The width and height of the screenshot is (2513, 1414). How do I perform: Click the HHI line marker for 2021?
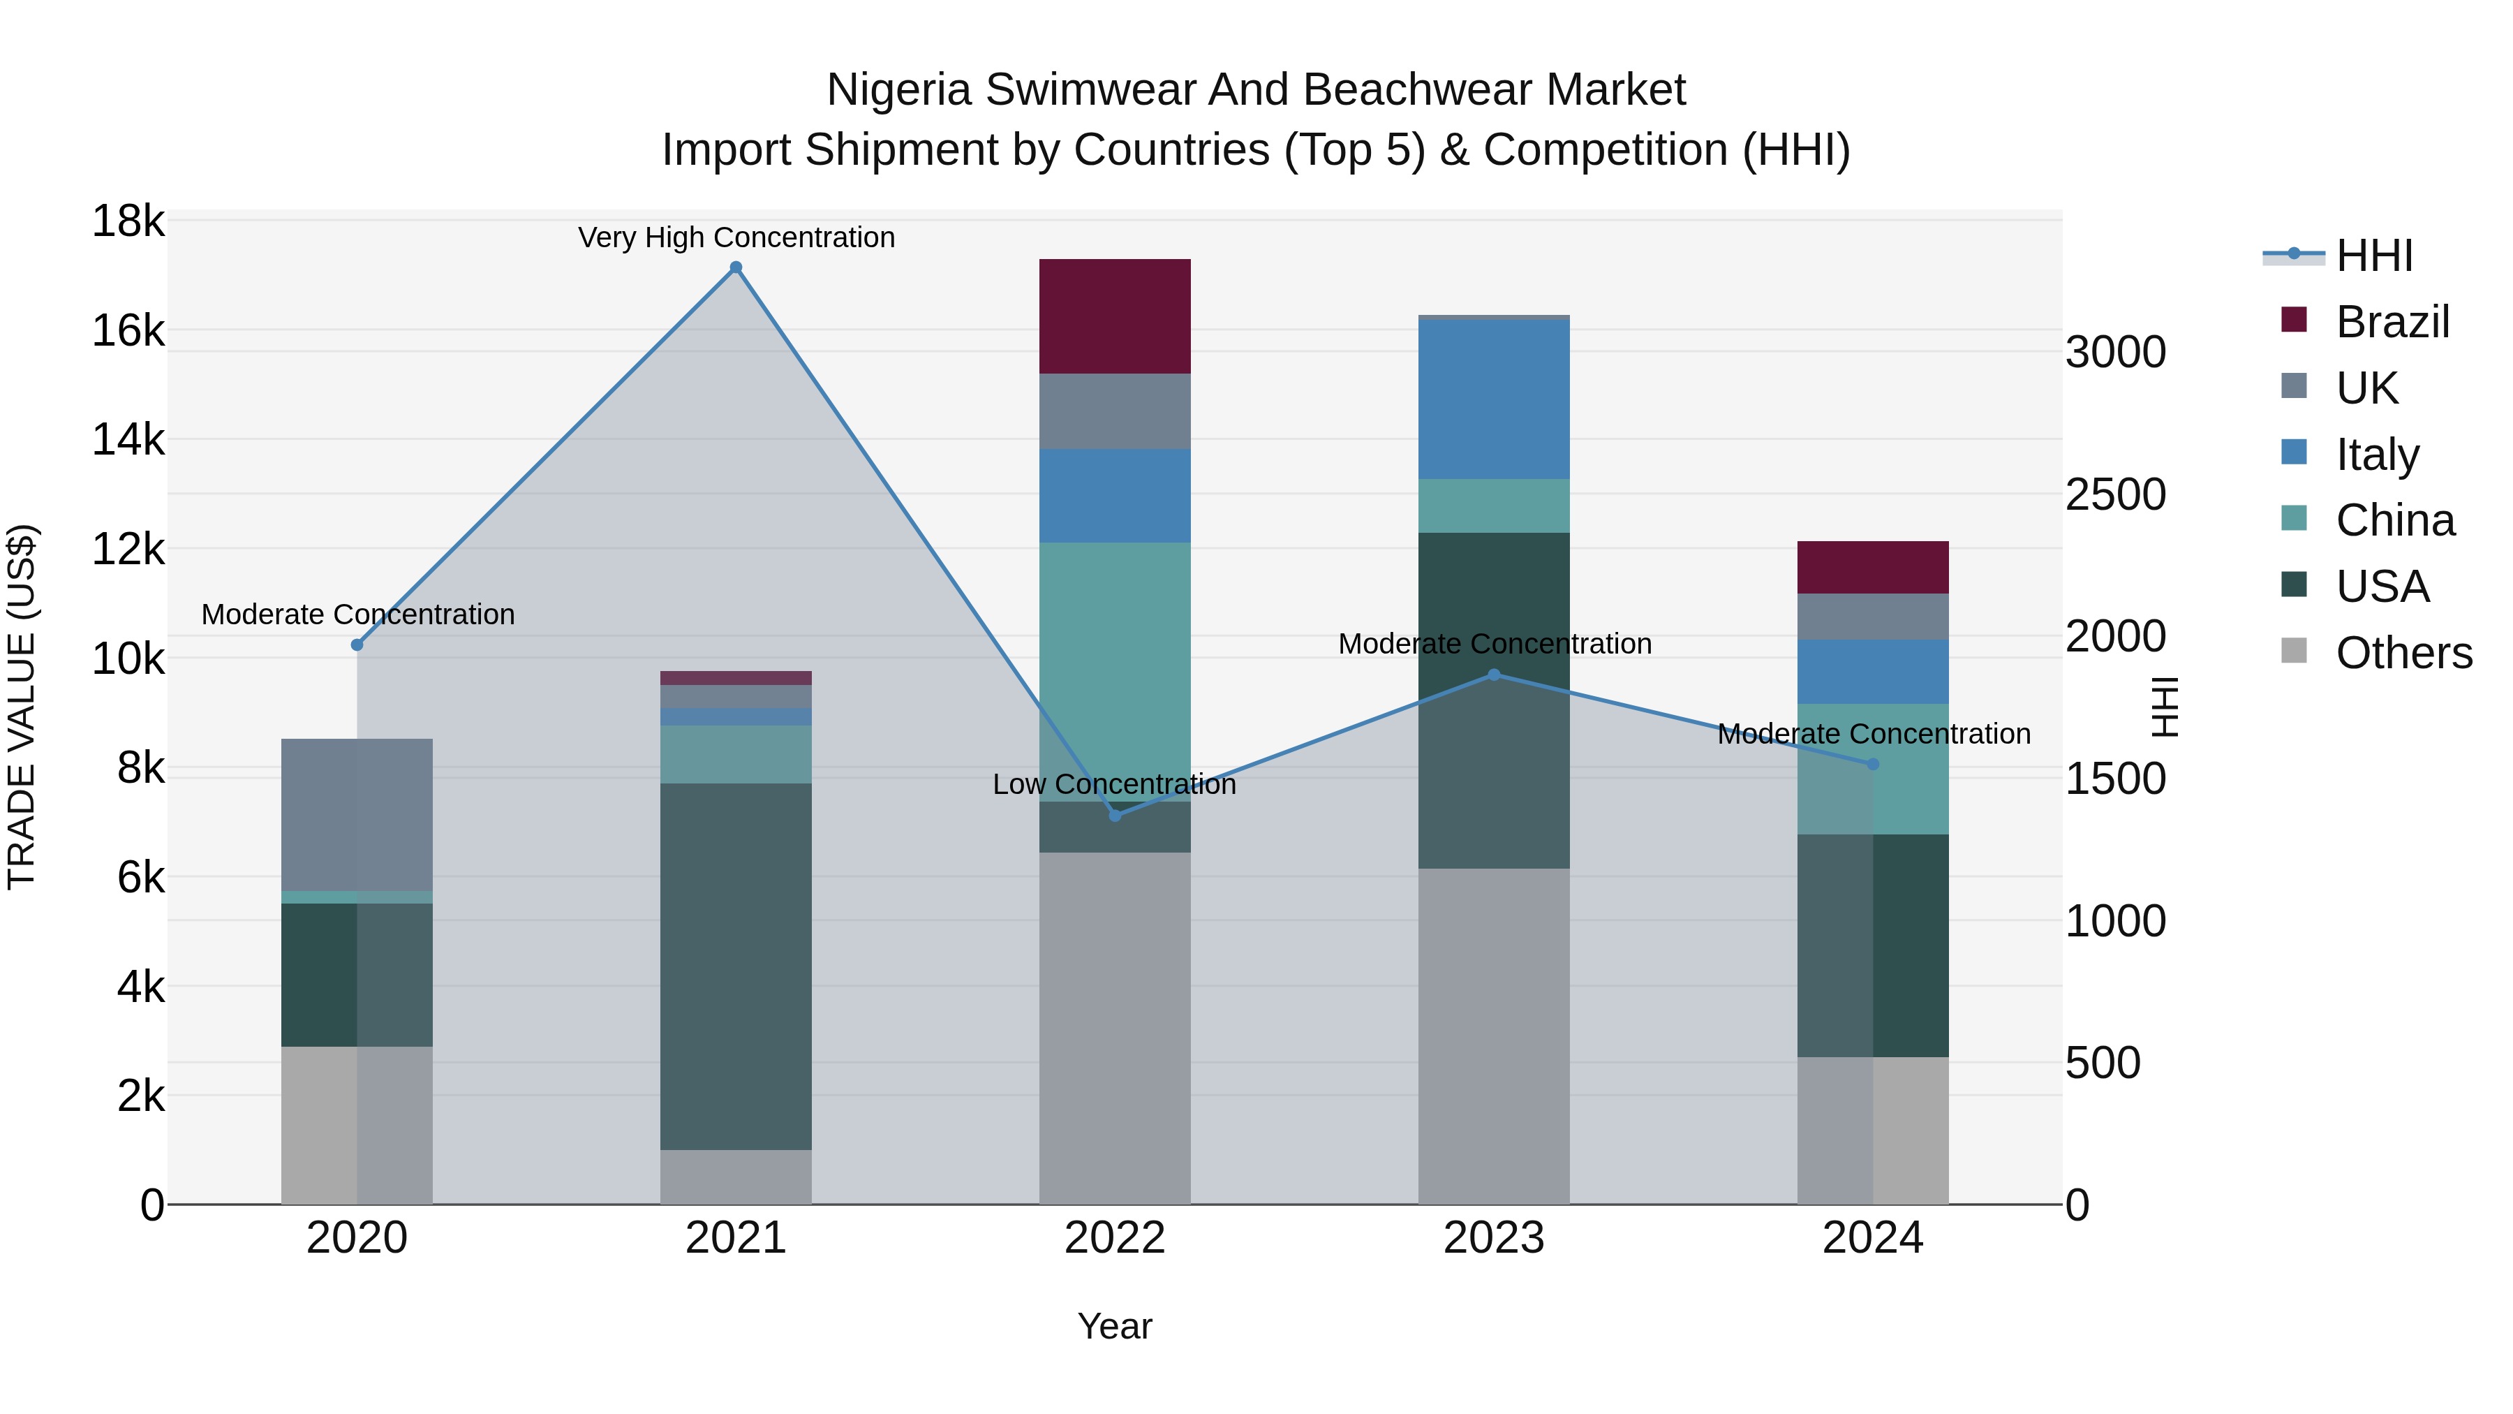point(736,267)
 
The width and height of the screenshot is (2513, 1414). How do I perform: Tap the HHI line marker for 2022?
point(1115,815)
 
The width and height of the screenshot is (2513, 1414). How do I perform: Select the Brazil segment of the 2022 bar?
point(1114,316)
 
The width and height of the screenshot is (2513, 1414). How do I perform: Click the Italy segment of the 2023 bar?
point(1494,399)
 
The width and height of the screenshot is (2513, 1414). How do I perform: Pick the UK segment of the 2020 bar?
point(356,815)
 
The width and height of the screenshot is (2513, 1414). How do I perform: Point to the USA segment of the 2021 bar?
point(736,966)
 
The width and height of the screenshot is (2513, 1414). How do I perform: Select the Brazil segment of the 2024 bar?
point(1872,567)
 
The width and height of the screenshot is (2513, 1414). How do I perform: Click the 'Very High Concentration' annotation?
point(736,237)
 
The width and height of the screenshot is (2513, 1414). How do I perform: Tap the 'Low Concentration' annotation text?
point(1113,783)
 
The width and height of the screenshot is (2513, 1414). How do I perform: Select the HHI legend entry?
point(2373,256)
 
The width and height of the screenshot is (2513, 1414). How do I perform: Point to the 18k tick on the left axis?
point(128,221)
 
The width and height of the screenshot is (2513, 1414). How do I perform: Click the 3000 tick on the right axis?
point(2115,353)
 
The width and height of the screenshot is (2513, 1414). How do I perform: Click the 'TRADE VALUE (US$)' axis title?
point(22,705)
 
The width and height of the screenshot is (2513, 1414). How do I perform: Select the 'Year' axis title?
point(1114,1326)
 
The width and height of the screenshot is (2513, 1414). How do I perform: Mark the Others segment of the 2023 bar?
point(1494,1036)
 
